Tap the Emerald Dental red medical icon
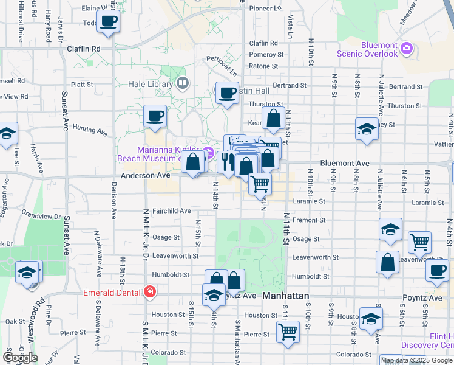click(149, 293)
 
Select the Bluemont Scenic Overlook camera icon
click(407, 48)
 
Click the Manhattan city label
click(286, 296)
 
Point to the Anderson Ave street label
click(146, 175)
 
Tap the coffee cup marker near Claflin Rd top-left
click(109, 22)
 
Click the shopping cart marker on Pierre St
click(288, 332)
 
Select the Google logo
click(20, 358)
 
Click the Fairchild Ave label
click(172, 211)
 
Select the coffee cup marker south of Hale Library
click(155, 116)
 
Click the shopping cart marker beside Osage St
click(419, 243)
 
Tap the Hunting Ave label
click(89, 130)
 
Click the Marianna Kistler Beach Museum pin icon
click(208, 151)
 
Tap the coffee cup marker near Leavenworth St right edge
click(437, 271)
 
